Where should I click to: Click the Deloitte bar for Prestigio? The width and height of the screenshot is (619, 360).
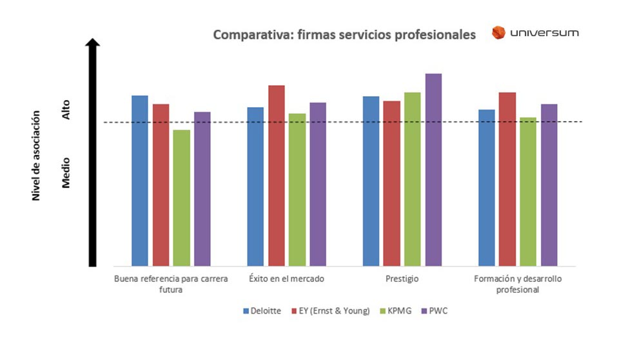pos(371,181)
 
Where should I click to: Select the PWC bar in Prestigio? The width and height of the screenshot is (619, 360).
pos(433,170)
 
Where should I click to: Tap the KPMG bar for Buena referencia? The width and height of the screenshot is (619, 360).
pos(182,197)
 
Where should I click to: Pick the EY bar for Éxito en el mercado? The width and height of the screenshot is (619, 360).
pos(277,175)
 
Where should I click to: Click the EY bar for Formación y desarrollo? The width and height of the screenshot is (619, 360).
pos(507,179)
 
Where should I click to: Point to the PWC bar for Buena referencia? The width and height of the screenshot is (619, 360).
pos(202,188)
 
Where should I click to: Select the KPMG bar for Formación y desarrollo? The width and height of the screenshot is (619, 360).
pos(528,192)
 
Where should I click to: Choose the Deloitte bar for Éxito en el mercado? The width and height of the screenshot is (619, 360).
pos(256,186)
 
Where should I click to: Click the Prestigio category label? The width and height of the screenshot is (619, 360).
pos(403,279)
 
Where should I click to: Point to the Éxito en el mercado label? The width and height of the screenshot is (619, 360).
pos(286,279)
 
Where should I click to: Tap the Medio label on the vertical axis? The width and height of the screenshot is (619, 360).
pos(66,174)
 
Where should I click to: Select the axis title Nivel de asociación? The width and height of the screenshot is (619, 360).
pos(37,155)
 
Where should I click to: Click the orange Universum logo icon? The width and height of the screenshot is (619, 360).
pos(498,33)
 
